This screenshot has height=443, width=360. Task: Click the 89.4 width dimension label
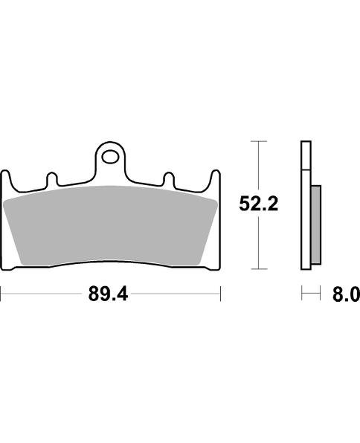[108, 294]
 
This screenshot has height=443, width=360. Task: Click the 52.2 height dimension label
[259, 204]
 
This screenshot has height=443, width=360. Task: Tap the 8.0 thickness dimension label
[346, 294]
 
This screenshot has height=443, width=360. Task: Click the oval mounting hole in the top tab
[110, 157]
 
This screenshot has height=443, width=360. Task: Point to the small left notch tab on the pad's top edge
[52, 179]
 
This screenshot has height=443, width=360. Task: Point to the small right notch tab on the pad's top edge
[169, 179]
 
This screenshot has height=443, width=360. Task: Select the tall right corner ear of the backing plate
[216, 181]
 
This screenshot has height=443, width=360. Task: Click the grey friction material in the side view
[316, 225]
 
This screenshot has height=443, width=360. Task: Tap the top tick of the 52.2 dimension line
[259, 141]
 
